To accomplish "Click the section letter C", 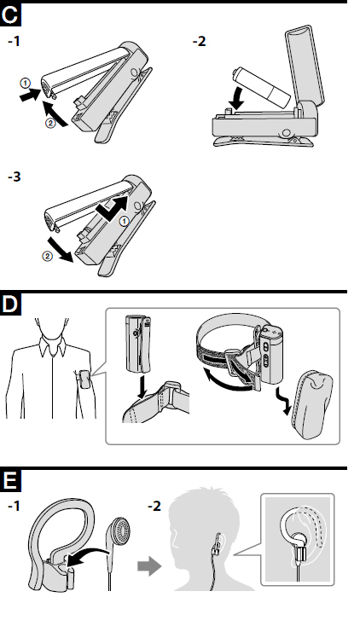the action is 9,15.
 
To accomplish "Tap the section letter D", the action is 10,304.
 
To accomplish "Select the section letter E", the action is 10,481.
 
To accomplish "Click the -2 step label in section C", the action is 199,41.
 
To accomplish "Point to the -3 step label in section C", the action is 15,176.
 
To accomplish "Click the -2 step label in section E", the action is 154,507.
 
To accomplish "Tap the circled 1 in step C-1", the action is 26,83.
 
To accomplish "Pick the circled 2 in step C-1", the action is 50,124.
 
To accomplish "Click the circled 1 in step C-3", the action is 125,221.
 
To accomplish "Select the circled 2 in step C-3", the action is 47,257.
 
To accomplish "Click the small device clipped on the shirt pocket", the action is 84,380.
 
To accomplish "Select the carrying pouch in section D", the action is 316,405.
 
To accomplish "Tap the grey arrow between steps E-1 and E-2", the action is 148,566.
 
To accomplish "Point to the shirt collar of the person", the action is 52,345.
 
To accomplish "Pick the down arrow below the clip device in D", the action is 141,386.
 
